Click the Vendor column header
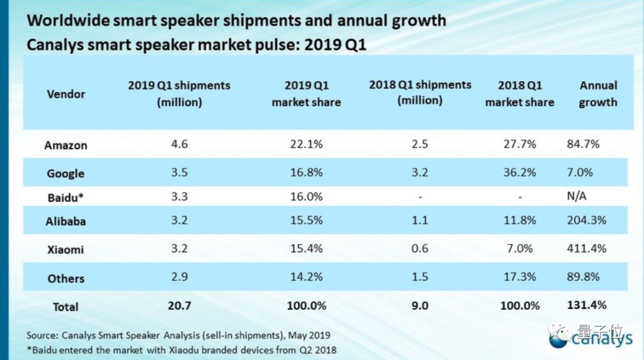click(66, 94)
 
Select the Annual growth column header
click(598, 94)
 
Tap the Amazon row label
click(66, 145)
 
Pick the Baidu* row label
click(66, 196)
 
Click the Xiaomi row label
click(66, 249)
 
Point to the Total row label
click(66, 307)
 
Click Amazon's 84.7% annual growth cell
click(583, 144)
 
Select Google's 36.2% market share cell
click(519, 172)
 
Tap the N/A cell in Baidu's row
click(577, 196)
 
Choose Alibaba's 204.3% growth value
click(586, 220)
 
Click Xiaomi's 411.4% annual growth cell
click(586, 248)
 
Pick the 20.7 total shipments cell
click(179, 306)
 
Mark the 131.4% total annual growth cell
click(586, 305)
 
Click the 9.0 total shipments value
click(420, 306)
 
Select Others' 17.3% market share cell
click(519, 277)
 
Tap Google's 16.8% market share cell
click(306, 172)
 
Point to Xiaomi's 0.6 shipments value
click(420, 248)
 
